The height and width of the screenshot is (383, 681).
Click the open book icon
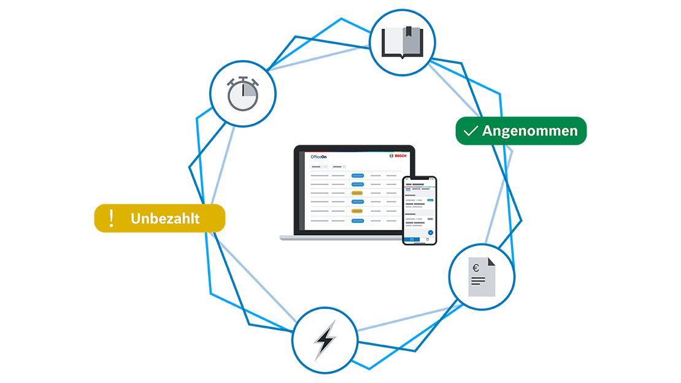pyautogui.click(x=402, y=42)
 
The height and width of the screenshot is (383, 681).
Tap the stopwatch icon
pyautogui.click(x=242, y=95)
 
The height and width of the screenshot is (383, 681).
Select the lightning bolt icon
pyautogui.click(x=325, y=339)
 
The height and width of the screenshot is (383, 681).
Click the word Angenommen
pyautogui.click(x=529, y=131)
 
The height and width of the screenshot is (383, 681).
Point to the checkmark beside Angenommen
pyautogui.click(x=471, y=131)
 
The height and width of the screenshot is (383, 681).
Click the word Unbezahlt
pyautogui.click(x=165, y=219)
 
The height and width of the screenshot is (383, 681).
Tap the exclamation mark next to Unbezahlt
pyautogui.click(x=111, y=218)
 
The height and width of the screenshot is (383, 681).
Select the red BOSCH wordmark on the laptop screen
pyautogui.click(x=401, y=157)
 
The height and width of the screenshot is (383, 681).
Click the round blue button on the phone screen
pyautogui.click(x=430, y=232)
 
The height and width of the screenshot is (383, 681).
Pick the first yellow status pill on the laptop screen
pyautogui.click(x=357, y=193)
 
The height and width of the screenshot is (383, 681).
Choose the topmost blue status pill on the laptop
pyautogui.click(x=357, y=176)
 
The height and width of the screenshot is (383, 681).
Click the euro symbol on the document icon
pyautogui.click(x=476, y=268)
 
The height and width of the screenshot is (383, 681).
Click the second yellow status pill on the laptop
pyautogui.click(x=357, y=211)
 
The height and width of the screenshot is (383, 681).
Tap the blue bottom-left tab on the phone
pyautogui.click(x=412, y=239)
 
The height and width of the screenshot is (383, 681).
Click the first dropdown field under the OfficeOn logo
pyautogui.click(x=320, y=166)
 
